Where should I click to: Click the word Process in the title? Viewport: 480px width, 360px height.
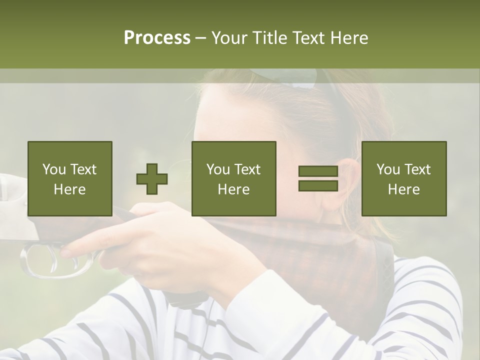point(157,38)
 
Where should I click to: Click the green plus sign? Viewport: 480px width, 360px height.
point(152,179)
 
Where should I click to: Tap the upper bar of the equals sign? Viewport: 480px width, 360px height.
point(318,171)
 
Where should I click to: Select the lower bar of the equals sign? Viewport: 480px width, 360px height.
point(318,186)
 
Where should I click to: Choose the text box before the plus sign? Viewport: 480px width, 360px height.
point(69,178)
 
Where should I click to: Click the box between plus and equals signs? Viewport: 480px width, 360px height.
point(233,178)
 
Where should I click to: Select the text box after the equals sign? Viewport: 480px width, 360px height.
point(403,178)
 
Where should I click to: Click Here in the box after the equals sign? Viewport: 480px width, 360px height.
point(403,189)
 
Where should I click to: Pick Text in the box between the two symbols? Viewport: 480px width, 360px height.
point(247,169)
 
